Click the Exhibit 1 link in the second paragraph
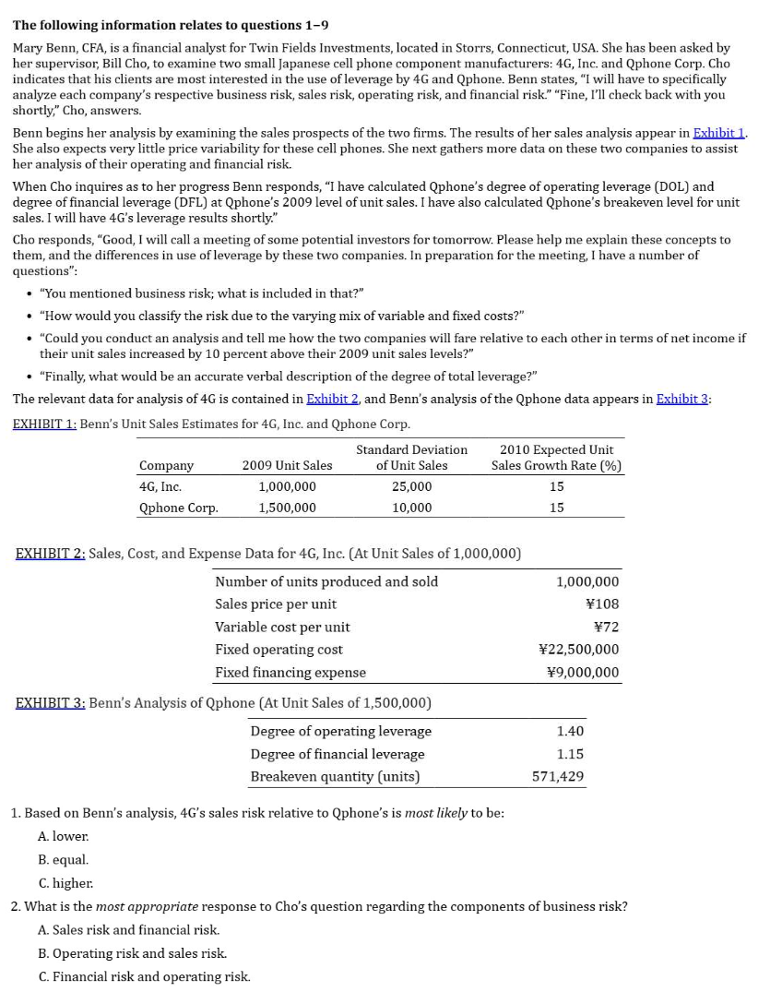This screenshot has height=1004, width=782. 718,134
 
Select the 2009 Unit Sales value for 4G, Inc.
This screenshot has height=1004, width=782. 287,486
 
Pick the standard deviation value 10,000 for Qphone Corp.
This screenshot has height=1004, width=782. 411,508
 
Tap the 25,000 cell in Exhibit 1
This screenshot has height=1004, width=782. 411,486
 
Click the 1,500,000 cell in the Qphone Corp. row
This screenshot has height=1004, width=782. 287,508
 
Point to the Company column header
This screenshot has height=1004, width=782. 166,465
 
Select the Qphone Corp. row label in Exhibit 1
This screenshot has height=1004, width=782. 178,508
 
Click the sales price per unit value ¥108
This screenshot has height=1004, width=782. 602,604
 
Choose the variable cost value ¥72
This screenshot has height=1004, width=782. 606,627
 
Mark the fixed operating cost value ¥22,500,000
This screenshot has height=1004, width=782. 578,650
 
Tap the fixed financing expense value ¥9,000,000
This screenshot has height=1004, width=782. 583,673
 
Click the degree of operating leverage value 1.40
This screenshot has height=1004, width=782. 570,731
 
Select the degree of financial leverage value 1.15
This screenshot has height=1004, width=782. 570,754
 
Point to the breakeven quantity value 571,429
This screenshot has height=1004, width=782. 558,776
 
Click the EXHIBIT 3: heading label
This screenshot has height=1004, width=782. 51,703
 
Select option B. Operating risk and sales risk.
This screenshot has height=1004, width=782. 132,953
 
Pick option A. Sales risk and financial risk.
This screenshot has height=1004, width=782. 128,930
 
